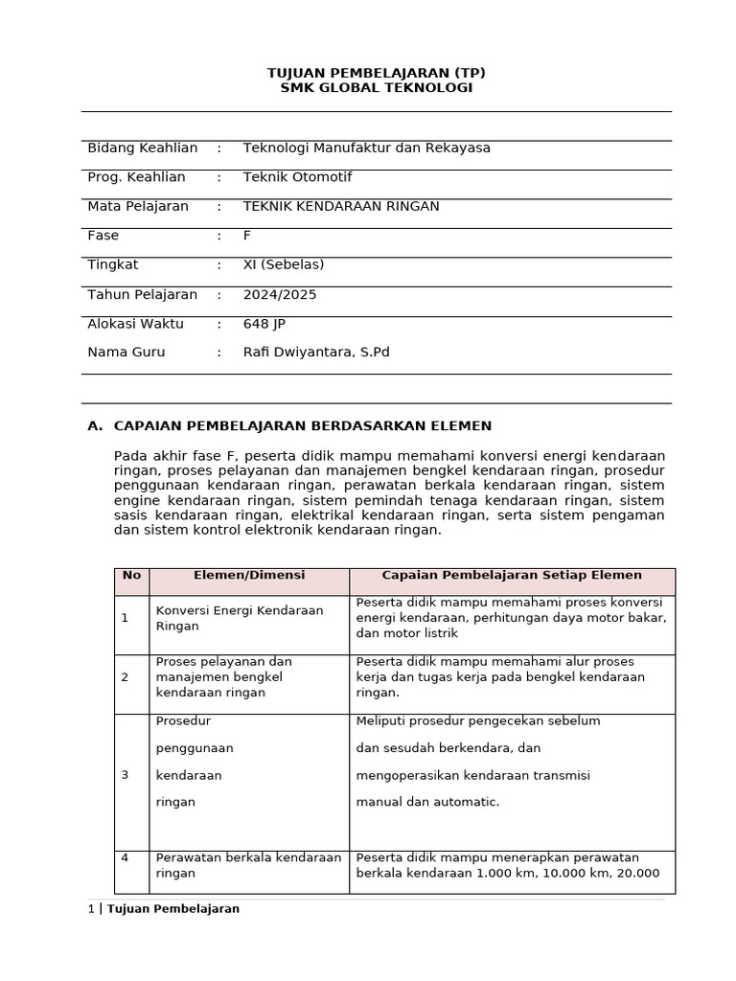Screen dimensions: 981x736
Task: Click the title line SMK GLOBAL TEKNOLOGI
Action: (x=376, y=88)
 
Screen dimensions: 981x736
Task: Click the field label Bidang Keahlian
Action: (x=142, y=148)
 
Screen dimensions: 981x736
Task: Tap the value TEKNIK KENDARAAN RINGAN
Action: (x=341, y=206)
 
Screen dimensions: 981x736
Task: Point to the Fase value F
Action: (x=247, y=236)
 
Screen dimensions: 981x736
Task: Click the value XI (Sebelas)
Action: (x=284, y=264)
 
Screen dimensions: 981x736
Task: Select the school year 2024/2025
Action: (x=280, y=294)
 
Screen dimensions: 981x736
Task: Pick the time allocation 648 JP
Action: (x=264, y=324)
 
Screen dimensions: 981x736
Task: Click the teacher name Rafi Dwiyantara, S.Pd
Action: (x=316, y=353)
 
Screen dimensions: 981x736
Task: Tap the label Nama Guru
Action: (x=126, y=353)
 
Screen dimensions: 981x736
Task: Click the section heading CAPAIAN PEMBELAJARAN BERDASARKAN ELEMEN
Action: (x=302, y=425)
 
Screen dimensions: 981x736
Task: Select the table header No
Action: (x=131, y=576)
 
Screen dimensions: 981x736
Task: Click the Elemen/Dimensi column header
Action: (x=249, y=576)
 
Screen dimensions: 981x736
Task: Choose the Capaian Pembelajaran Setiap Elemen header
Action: (x=512, y=576)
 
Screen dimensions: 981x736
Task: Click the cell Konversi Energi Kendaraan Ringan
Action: (x=240, y=618)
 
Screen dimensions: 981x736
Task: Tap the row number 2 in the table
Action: (x=125, y=677)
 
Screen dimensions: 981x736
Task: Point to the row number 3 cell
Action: (x=125, y=775)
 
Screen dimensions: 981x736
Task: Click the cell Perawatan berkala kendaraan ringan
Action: (x=248, y=865)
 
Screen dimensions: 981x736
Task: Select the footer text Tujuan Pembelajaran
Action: (x=173, y=909)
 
